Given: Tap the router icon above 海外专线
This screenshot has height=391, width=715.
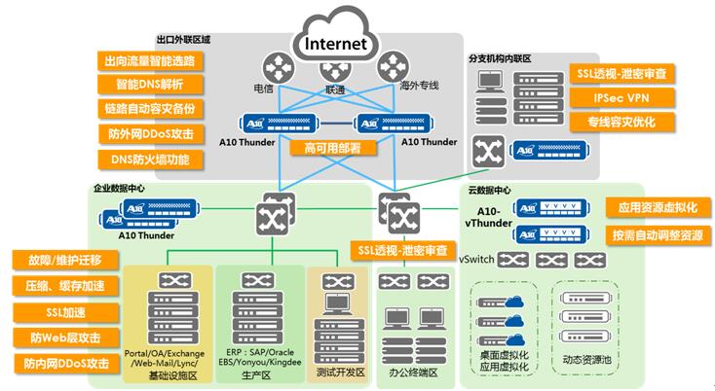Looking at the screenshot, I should [392, 66].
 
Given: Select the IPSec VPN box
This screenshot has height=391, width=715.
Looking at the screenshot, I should [621, 98].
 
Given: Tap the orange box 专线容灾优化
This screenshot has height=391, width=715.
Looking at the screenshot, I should [621, 123].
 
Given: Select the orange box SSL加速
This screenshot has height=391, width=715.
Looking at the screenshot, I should [63, 312].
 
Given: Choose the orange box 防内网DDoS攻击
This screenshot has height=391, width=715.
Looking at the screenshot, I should [63, 364].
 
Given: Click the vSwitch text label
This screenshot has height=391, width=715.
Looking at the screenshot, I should [476, 260].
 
